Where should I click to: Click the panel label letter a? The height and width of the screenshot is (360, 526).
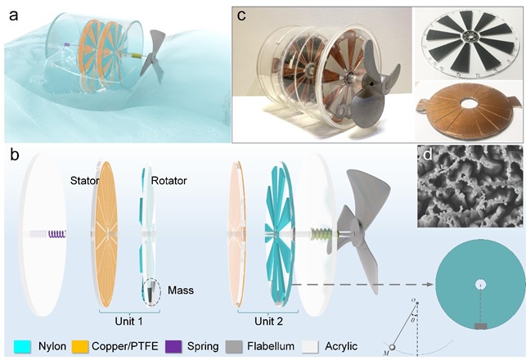click(x=14, y=16)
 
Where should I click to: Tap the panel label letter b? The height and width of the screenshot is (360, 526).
click(x=14, y=155)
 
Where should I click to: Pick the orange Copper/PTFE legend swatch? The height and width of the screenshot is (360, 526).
click(x=81, y=344)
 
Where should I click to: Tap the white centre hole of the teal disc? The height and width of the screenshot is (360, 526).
click(x=481, y=285)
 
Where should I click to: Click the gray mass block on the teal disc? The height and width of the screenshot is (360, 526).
click(x=481, y=326)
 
